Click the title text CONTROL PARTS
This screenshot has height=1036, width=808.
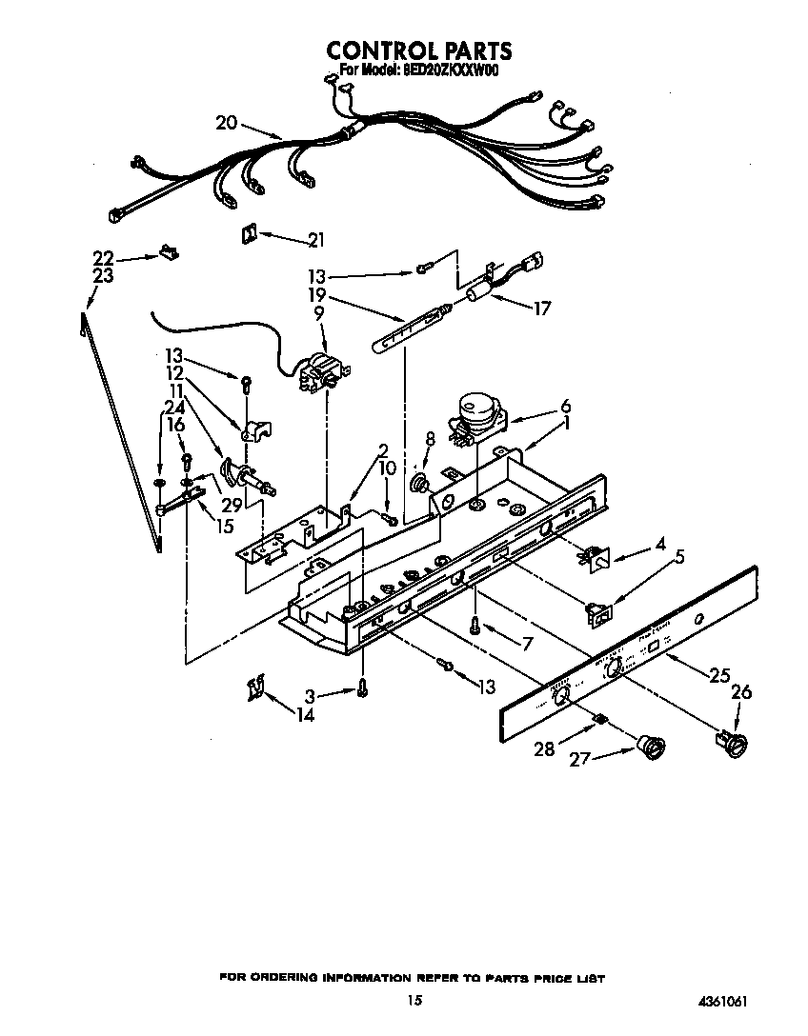[419, 50]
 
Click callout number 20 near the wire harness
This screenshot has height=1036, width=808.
[226, 122]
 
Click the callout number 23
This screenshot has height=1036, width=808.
[103, 276]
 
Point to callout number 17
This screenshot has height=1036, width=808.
[543, 308]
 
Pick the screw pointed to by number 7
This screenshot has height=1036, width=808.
[475, 624]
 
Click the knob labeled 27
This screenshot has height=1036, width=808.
[653, 748]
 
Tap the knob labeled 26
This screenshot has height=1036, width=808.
[733, 744]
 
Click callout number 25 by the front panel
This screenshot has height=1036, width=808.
[719, 675]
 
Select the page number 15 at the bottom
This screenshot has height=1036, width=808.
[413, 1000]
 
